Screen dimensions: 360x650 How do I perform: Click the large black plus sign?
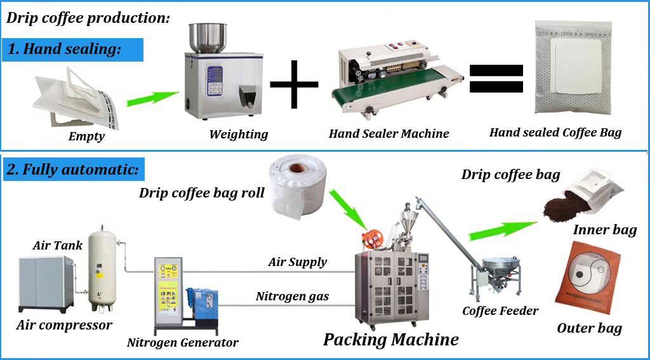(294, 85)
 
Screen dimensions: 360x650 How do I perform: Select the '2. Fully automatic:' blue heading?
(73, 170)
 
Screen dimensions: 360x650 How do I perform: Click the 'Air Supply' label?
(298, 262)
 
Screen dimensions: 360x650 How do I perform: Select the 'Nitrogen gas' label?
(292, 297)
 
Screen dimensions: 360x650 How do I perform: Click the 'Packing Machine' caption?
(390, 339)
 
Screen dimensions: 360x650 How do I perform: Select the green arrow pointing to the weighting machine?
(152, 98)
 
